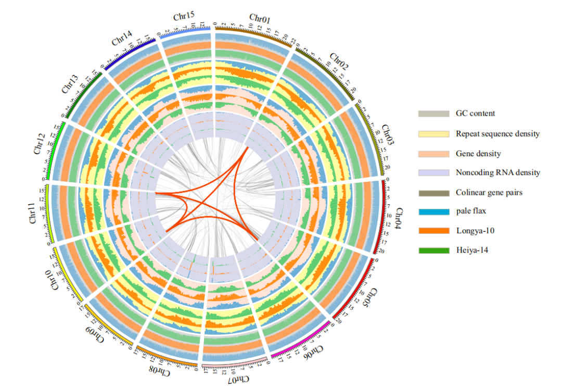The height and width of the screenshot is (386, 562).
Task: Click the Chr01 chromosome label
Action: pos(260,20)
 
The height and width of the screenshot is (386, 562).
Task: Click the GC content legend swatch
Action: pos(434,114)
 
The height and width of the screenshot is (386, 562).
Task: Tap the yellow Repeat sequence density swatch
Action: pos(434,134)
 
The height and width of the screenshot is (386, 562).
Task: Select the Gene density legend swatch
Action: pos(434,154)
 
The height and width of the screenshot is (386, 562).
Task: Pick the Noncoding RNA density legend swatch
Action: pos(434,173)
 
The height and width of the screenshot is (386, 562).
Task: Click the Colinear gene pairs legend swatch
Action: pos(434,193)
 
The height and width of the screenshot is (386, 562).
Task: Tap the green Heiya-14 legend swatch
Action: pos(434,251)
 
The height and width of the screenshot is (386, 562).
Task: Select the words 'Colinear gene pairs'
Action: pos(489,193)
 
